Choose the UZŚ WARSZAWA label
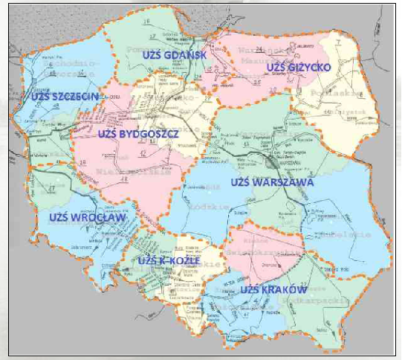click(272, 181)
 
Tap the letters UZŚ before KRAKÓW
click(249, 289)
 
